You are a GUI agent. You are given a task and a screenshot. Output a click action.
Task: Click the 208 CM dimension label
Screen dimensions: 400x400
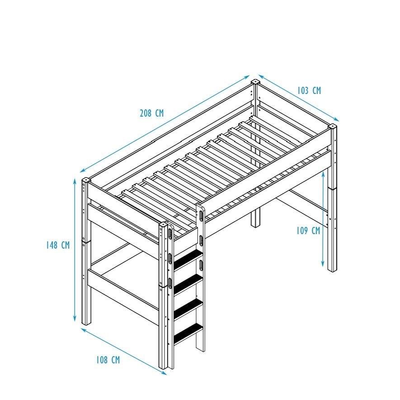pos(151,113)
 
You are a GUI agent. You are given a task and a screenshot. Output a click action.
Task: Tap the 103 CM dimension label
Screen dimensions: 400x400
pos(309,90)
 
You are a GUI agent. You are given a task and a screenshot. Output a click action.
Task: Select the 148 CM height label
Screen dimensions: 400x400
pos(58,245)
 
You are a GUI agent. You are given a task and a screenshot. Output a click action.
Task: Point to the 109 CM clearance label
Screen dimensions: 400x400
pos(308,231)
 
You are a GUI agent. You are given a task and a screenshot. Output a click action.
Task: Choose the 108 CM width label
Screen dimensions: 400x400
pos(108,360)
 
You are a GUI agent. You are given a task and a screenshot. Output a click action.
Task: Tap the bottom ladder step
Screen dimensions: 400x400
pos(188,333)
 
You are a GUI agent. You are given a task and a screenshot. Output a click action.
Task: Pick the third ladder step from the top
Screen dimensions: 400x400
pos(188,308)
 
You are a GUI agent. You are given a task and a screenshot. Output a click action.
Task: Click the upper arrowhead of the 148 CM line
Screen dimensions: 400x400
pos(75,181)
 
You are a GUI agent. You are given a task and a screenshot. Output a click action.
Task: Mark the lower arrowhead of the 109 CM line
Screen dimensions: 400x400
pos(323,264)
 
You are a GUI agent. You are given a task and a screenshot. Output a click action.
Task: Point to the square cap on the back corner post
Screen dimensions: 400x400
pos(255,82)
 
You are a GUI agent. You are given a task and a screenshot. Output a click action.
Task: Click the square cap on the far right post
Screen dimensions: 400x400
pos(332,126)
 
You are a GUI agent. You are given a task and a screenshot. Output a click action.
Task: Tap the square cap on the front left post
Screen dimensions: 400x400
pos(86,180)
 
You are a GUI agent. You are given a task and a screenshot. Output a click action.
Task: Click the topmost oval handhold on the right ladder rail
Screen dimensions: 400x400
pos(202,216)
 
